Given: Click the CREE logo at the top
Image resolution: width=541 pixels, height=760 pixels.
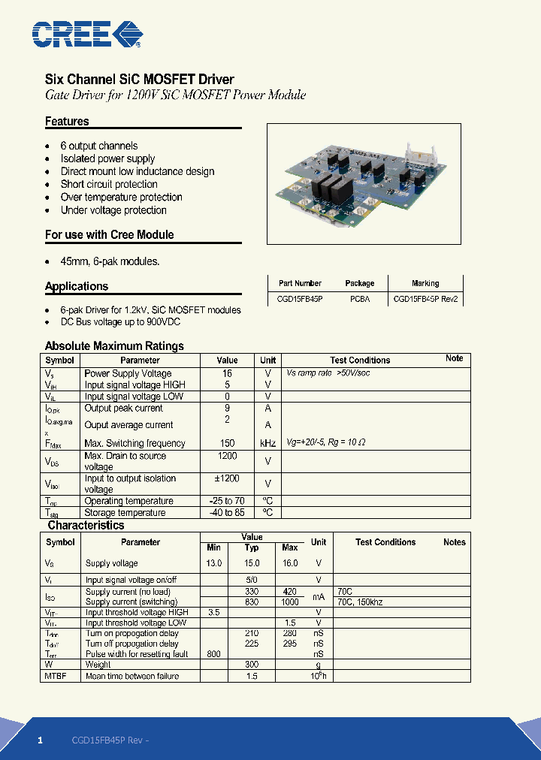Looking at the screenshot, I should tap(86, 34).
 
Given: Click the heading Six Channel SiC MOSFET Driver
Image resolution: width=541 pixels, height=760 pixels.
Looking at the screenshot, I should tap(140, 80).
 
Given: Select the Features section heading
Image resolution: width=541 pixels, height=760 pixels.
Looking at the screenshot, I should tap(67, 122).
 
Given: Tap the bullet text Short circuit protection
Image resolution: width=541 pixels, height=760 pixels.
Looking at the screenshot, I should tap(109, 184).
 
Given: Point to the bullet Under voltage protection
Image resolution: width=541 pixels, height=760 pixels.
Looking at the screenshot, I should tap(113, 210).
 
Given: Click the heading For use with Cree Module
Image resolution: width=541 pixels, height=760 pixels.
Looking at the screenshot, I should tap(109, 234).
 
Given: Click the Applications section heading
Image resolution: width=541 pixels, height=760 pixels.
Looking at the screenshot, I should tap(77, 286).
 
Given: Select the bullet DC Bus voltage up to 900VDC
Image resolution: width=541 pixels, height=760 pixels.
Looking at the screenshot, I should tap(120, 321).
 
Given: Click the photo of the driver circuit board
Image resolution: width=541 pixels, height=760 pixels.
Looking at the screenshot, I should tap(364, 183).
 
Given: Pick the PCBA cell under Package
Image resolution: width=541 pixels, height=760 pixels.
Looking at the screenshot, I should tap(359, 298).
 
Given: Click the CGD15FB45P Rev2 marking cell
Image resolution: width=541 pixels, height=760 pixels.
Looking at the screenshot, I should tap(425, 298).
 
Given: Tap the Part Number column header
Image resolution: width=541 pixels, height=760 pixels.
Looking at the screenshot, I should tap(300, 283).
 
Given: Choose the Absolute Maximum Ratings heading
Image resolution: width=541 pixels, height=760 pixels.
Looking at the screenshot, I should tap(114, 346).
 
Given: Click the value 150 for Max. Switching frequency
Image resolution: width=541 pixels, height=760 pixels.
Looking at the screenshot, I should tap(227, 443).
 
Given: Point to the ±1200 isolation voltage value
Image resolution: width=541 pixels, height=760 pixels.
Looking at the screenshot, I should tap(227, 478).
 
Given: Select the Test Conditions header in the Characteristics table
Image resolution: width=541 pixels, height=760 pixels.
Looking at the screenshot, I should tap(385, 542).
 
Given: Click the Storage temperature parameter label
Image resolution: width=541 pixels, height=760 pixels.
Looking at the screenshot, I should tap(125, 513).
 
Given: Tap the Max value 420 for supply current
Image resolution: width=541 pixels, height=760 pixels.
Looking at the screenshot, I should tap(290, 592).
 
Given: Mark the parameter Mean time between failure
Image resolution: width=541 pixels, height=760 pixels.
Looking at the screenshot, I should tap(132, 676).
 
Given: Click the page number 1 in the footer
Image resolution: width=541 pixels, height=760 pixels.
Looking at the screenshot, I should tap(41, 740).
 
